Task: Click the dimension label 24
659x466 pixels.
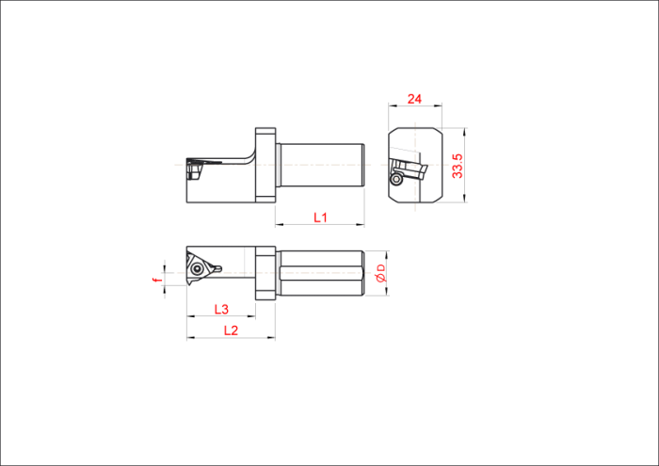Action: click(x=414, y=99)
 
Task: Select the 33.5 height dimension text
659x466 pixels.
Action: click(x=458, y=166)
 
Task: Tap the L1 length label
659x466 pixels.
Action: click(x=321, y=217)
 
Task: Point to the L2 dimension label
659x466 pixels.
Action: click(x=232, y=330)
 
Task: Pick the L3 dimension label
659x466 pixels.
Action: click(x=221, y=310)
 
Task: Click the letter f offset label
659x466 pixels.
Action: click(x=158, y=280)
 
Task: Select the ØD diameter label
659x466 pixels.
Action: click(x=380, y=274)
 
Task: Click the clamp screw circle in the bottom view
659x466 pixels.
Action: click(x=196, y=269)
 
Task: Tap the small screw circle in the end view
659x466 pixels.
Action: click(x=396, y=179)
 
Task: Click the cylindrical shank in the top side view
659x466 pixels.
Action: click(x=320, y=165)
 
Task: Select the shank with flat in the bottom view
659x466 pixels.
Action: click(x=320, y=273)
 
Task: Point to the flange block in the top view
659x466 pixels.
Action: click(x=265, y=166)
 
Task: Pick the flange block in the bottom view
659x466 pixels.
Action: click(x=265, y=273)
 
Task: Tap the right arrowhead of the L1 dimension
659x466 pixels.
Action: click(x=361, y=225)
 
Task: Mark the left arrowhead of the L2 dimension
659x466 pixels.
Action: click(x=191, y=337)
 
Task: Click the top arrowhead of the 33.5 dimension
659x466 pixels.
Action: click(x=464, y=132)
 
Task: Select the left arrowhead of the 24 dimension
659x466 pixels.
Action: click(x=393, y=105)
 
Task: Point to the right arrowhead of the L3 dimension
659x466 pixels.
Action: click(x=251, y=316)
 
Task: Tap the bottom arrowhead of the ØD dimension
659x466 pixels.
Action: click(x=387, y=291)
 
